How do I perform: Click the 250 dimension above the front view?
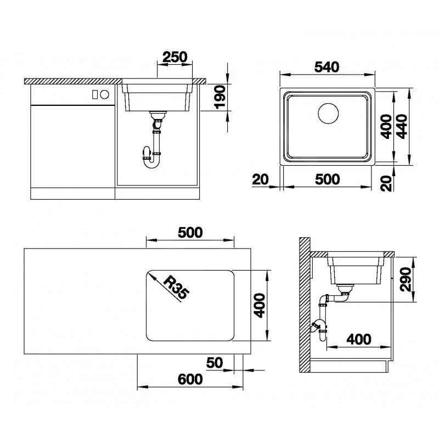175,57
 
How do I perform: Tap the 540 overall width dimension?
327,66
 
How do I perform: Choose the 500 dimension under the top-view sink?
327,179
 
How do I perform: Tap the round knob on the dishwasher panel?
104,94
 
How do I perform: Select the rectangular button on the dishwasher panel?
94,94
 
